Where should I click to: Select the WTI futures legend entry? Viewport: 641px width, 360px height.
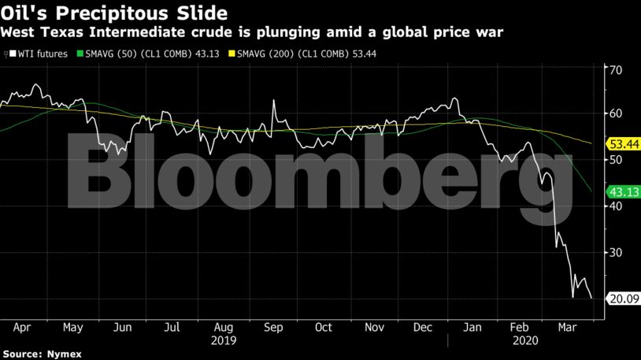click(x=39, y=54)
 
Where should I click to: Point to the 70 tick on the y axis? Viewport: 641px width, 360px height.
click(x=616, y=69)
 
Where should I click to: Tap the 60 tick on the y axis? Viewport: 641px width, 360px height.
click(x=616, y=114)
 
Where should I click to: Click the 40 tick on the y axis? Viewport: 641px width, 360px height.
click(x=616, y=206)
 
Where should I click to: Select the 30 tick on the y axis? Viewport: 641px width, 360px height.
click(x=616, y=252)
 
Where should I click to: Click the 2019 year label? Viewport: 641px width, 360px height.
click(x=224, y=341)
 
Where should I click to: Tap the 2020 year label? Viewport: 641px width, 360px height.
click(x=524, y=341)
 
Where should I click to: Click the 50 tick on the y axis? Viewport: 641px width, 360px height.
click(x=616, y=160)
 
